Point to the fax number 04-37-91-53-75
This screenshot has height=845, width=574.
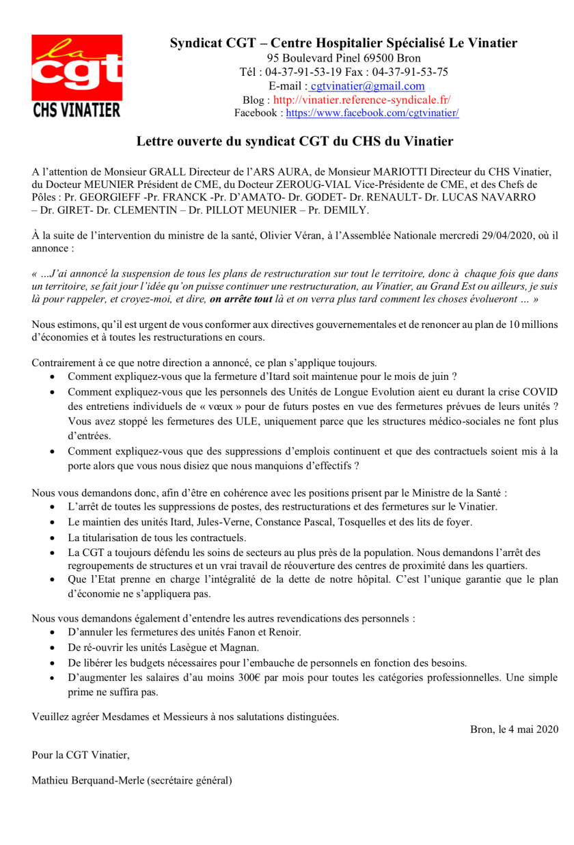click(414, 72)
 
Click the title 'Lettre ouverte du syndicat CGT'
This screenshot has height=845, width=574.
click(295, 142)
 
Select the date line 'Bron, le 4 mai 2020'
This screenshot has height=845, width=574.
click(514, 730)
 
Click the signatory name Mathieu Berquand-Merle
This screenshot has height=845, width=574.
click(87, 779)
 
